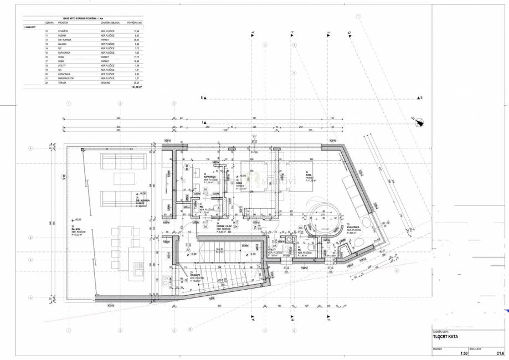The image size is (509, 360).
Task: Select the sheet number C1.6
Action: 499,353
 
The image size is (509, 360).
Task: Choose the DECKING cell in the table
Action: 106,83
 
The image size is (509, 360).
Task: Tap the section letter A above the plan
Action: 253,34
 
